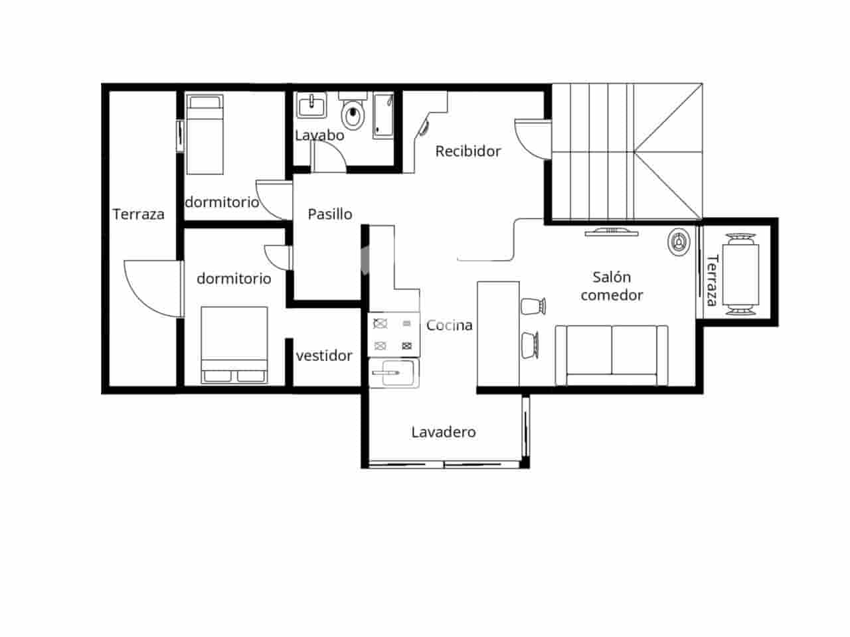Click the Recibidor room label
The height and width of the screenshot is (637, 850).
coord(467,151)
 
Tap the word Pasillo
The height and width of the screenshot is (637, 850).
coord(330,214)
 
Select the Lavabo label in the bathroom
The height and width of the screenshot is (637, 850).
coord(319,135)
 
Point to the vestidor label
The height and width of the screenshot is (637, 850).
coord(324,356)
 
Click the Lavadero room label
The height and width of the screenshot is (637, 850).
coord(444,432)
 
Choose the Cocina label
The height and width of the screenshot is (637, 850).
coord(450,325)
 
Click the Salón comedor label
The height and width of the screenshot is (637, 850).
coord(612,286)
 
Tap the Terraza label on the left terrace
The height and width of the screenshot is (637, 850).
coord(138,214)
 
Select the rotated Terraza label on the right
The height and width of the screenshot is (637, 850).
coord(712,280)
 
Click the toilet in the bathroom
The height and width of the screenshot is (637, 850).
coord(353,114)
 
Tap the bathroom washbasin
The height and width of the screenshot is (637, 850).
coord(311,106)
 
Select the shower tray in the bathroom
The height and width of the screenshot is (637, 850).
coord(382,115)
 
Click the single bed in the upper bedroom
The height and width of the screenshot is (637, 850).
coord(205,134)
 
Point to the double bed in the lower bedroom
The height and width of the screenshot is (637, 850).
coord(234,344)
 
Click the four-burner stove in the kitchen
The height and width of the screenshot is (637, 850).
coord(394,334)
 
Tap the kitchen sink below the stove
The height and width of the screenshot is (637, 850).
coord(394,373)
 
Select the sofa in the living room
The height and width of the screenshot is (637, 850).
coord(612,354)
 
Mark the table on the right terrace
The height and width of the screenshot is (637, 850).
coord(740,273)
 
